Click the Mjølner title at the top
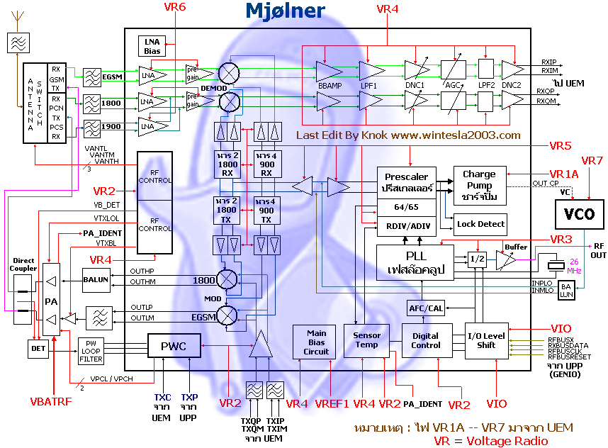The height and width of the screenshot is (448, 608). click(285, 11)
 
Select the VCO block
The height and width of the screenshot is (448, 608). click(579, 213)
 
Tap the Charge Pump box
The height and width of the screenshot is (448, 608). click(480, 185)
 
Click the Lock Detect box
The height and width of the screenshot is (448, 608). click(480, 224)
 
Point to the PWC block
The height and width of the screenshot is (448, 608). click(174, 347)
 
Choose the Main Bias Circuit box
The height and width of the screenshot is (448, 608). click(316, 342)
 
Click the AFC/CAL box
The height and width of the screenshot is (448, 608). click(425, 308)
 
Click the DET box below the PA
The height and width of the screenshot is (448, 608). click(38, 348)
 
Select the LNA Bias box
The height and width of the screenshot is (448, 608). click(152, 46)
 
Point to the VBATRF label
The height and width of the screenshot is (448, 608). click(50, 401)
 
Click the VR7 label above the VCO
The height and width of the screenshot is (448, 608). click(591, 161)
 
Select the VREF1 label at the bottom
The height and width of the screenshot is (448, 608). click(332, 403)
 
